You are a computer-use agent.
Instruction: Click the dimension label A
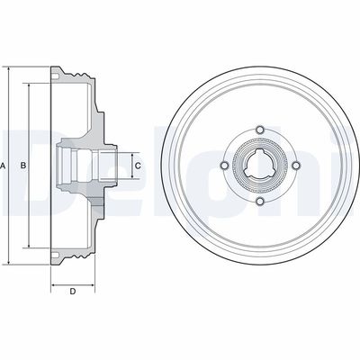pos(5,166)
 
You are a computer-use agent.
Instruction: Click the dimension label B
pos(23,166)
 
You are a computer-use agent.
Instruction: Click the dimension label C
pos(138,166)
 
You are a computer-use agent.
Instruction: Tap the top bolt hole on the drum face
pos(260,131)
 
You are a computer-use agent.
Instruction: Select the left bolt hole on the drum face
pos(226,166)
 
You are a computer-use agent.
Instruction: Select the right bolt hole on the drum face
pos(294,166)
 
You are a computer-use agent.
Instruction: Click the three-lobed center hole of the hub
pos(260,166)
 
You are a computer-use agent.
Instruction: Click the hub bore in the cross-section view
pos(81,166)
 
